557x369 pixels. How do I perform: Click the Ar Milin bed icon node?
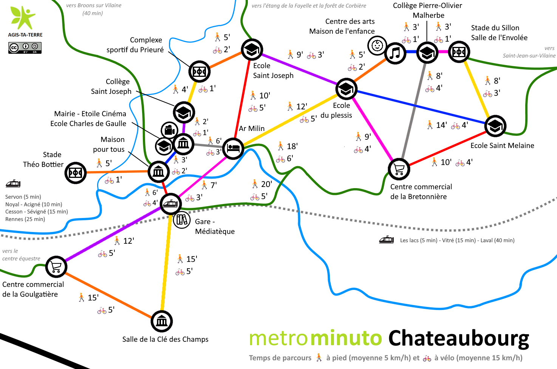click(233, 149)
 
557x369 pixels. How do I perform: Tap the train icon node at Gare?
click(170, 204)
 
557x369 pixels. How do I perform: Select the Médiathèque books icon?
click(182, 220)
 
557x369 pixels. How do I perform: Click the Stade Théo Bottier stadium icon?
click(75, 173)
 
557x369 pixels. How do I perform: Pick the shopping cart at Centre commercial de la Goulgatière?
click(56, 267)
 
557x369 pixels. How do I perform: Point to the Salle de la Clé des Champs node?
click(162, 321)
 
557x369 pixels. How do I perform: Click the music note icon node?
click(395, 53)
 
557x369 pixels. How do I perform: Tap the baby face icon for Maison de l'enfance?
click(377, 45)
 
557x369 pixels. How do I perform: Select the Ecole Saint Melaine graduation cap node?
click(495, 126)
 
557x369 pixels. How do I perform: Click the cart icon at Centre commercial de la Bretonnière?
click(399, 169)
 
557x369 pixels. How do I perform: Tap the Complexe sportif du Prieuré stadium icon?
click(200, 72)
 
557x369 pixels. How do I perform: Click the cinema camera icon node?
click(169, 130)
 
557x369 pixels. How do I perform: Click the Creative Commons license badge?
click(25, 48)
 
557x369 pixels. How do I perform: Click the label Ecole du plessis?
click(336, 110)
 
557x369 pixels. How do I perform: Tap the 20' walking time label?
click(262, 184)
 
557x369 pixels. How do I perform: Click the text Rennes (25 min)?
click(25, 219)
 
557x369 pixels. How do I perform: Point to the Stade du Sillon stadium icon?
click(459, 52)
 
